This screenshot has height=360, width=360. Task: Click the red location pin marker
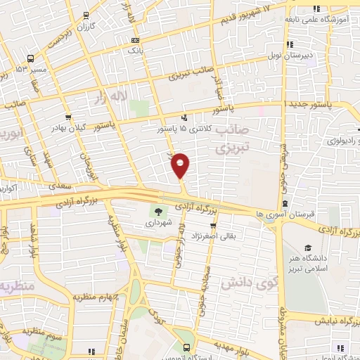[181, 165]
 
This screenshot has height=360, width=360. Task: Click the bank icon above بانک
[134, 40]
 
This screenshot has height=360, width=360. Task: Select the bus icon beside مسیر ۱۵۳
[31, 59]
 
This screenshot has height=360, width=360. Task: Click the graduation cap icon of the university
[308, 248]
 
